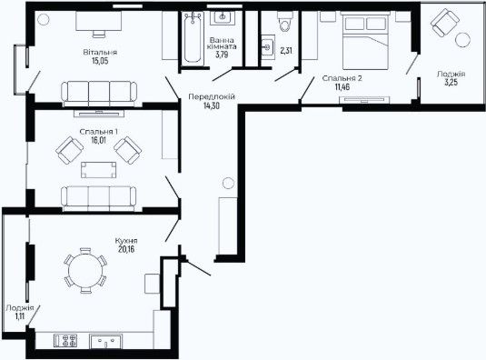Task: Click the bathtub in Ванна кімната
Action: click(193, 37)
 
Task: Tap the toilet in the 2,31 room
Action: click(285, 21)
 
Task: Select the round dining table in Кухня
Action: click(85, 270)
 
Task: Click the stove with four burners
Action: click(65, 340)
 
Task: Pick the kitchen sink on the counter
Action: click(106, 341)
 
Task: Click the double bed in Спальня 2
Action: click(365, 40)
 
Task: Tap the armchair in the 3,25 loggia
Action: click(444, 23)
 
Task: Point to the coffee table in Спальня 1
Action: click(99, 170)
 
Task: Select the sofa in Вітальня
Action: click(99, 94)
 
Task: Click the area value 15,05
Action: click(100, 61)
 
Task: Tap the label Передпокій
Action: click(212, 96)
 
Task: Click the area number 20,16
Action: click(126, 249)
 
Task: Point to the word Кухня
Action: click(126, 241)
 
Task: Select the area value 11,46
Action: click(342, 86)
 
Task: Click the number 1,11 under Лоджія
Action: click(19, 316)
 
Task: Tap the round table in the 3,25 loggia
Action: click(462, 40)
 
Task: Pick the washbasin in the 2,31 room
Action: click(267, 47)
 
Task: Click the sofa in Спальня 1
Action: click(99, 198)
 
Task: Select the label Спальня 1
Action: click(99, 132)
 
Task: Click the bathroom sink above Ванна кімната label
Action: click(223, 18)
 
